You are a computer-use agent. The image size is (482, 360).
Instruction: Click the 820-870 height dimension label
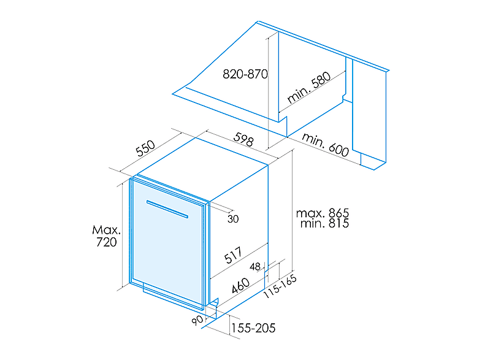pyautogui.click(x=245, y=74)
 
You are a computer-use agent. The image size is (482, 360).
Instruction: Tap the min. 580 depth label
pyautogui.click(x=308, y=87)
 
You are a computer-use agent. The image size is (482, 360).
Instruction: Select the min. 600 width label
pyautogui.click(x=326, y=145)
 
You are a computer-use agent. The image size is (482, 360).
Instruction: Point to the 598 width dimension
pyautogui.click(x=244, y=139)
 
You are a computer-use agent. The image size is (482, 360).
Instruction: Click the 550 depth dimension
pyautogui.click(x=145, y=148)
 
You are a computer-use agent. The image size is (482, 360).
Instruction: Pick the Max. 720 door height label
pyautogui.click(x=106, y=236)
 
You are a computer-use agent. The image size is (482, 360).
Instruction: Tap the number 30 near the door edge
pyautogui.click(x=233, y=219)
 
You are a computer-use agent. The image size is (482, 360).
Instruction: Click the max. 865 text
pyautogui.click(x=323, y=213)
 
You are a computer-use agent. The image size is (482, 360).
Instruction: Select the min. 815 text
pyautogui.click(x=324, y=223)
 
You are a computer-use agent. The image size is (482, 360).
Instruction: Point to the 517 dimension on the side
pyautogui.click(x=233, y=256)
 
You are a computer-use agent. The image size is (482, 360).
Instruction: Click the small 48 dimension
pyautogui.click(x=255, y=266)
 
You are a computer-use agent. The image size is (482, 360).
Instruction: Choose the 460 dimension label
pyautogui.click(x=240, y=286)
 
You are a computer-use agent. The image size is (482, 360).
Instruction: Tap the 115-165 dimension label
pyautogui.click(x=280, y=286)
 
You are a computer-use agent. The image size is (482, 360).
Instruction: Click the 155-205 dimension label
pyautogui.click(x=253, y=328)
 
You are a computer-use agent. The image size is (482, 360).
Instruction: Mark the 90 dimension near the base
pyautogui.click(x=197, y=320)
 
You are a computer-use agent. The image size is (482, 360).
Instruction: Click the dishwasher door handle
pyautogui.click(x=167, y=209)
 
